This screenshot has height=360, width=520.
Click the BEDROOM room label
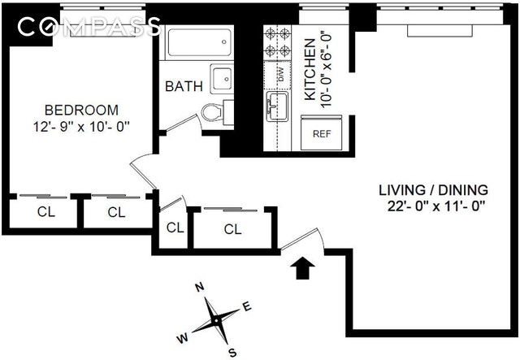click(x=81, y=110)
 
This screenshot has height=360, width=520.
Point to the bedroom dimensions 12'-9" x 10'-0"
click(x=81, y=126)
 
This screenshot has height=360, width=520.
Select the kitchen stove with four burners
click(x=277, y=42)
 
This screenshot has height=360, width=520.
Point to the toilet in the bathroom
click(x=213, y=111)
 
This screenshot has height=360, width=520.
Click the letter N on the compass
click(x=197, y=286)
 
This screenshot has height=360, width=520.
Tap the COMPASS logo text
click(x=88, y=27)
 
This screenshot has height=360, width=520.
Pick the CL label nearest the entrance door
click(x=232, y=229)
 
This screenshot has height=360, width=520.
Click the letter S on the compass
click(x=232, y=352)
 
